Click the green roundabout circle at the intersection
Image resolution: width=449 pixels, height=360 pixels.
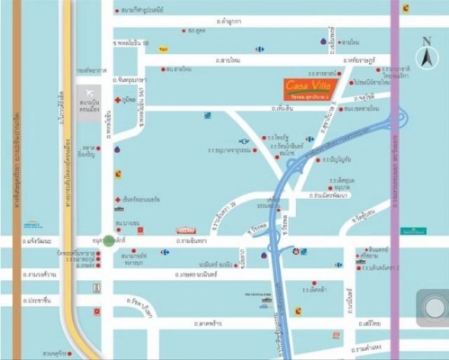point(109,240)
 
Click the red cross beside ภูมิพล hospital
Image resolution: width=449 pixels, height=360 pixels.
point(117,100)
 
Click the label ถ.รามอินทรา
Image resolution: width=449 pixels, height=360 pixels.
point(192,240)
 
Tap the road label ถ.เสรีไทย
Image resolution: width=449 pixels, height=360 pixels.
point(369,321)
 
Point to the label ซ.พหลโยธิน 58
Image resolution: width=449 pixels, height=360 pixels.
point(131,41)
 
